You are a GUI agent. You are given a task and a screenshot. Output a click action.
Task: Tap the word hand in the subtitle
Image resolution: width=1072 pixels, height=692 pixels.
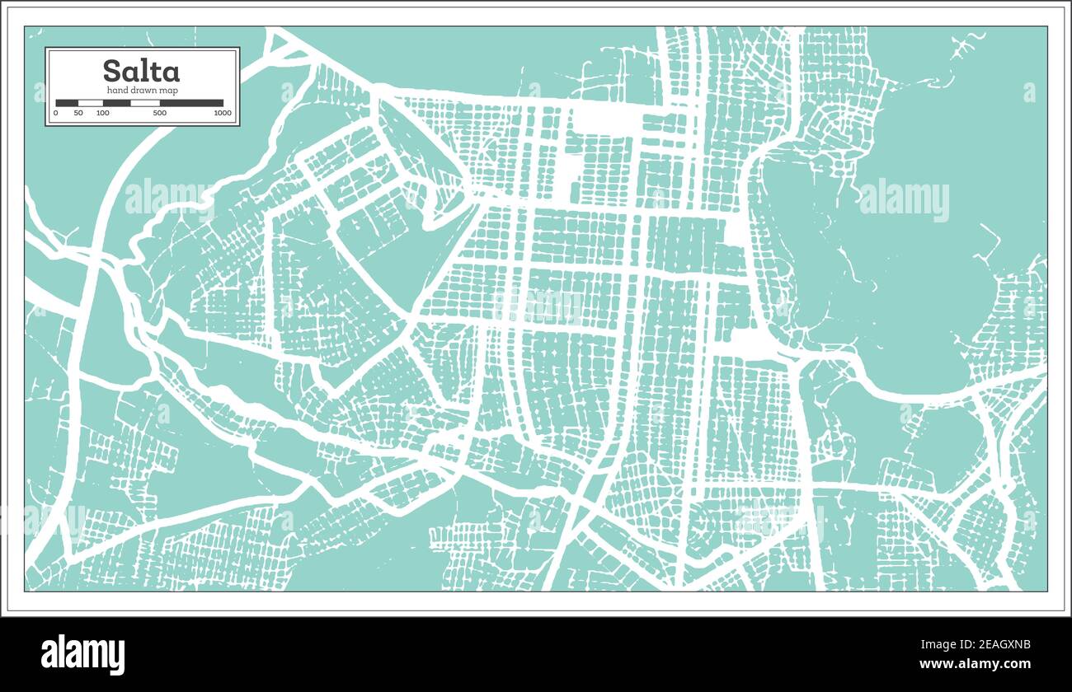[x=117, y=90]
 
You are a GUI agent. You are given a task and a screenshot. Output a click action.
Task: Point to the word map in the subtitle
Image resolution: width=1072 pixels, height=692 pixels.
[x=170, y=90]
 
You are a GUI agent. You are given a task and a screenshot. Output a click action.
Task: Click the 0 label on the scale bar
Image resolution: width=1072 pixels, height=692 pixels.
[x=56, y=113]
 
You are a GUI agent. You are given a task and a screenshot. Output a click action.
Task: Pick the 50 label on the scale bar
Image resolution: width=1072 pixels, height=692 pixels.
[x=78, y=113]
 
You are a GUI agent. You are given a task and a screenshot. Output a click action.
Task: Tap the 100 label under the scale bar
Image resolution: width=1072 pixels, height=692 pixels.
[x=102, y=113]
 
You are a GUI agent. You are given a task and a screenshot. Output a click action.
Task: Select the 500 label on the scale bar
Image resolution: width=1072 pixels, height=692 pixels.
[x=160, y=113]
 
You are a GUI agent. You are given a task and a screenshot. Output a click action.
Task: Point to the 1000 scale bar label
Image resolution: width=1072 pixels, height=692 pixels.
[x=222, y=113]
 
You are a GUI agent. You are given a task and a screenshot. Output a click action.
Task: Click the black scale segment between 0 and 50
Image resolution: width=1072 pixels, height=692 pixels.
[x=67, y=103]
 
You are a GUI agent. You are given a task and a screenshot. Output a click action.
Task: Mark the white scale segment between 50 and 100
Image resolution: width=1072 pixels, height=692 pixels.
[x=90, y=103]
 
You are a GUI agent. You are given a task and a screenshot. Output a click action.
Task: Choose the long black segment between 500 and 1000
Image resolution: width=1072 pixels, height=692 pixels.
[x=191, y=103]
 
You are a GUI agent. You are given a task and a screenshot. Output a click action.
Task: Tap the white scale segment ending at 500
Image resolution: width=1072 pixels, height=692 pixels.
[x=145, y=103]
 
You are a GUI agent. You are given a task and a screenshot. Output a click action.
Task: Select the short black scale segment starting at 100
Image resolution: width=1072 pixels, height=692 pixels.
[x=116, y=103]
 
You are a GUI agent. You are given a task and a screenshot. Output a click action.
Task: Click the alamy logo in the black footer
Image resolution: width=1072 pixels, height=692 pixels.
[x=83, y=654]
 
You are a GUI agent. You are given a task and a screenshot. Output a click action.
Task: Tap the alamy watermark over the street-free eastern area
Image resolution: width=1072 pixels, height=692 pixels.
[x=903, y=200]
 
